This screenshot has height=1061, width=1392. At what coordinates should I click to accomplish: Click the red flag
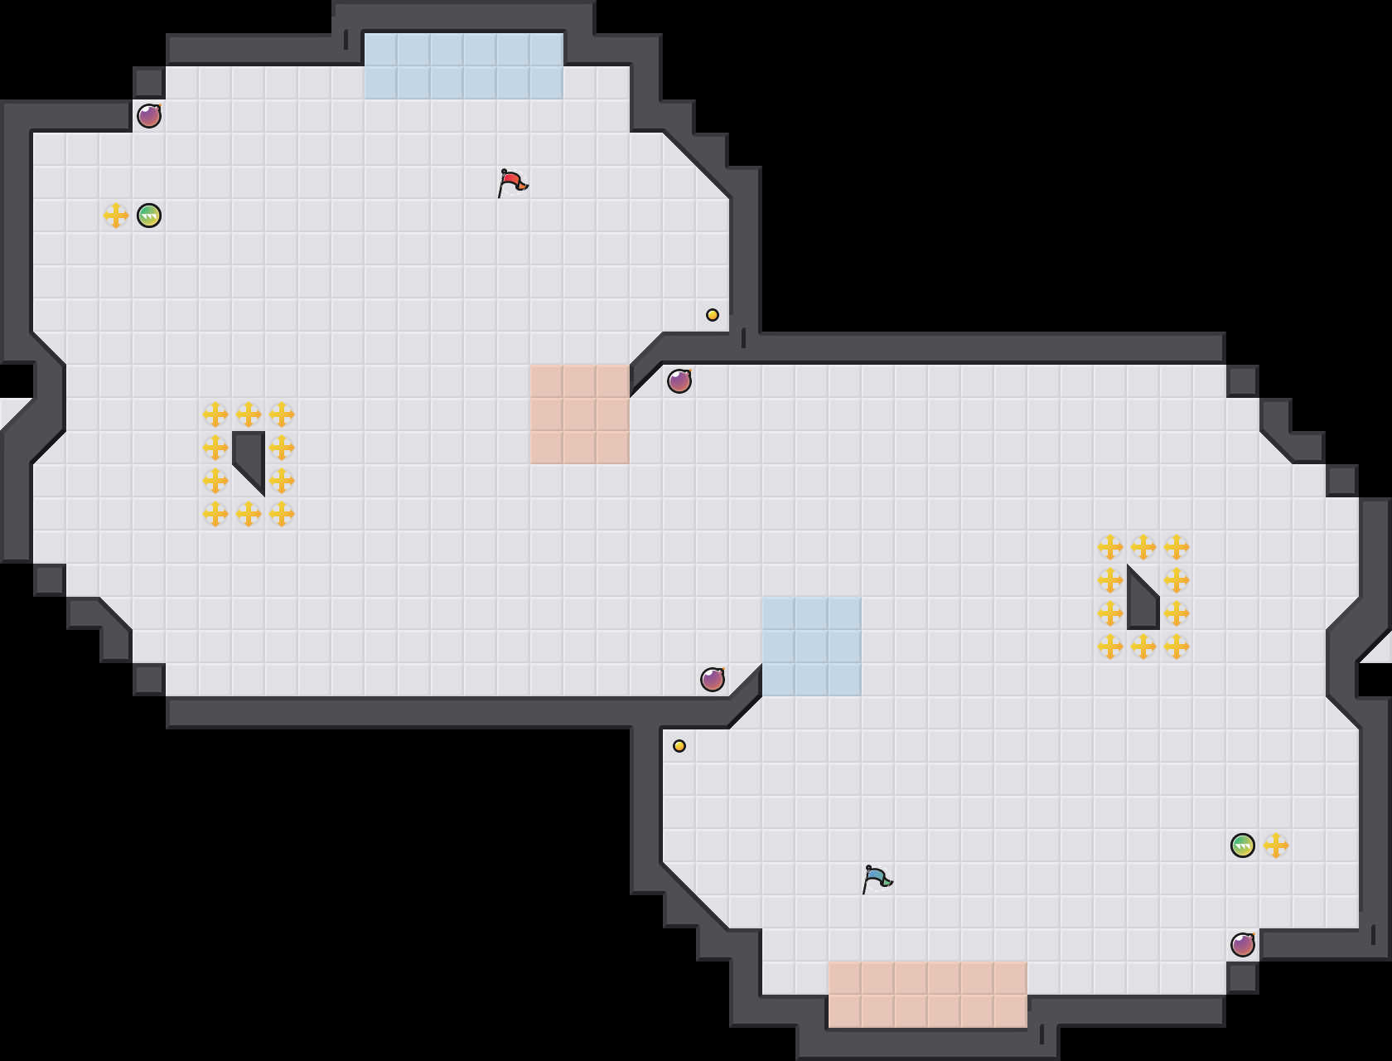(512, 182)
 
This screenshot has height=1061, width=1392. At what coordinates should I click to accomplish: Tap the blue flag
(877, 879)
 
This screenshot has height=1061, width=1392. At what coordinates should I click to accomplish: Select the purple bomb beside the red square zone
(679, 381)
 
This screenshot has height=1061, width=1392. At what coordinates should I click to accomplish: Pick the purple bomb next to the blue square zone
(713, 680)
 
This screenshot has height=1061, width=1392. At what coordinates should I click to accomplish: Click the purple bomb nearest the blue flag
(1243, 945)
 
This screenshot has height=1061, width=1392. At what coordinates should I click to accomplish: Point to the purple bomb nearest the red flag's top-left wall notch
(149, 116)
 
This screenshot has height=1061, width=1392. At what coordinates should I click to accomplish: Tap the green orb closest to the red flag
(149, 216)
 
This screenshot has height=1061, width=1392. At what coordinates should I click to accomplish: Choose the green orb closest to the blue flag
(1243, 845)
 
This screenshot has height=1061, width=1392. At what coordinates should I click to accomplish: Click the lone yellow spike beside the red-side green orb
(116, 216)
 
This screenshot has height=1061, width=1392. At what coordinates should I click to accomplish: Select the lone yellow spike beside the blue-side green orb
(1276, 845)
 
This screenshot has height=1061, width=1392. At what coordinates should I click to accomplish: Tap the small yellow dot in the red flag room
(713, 315)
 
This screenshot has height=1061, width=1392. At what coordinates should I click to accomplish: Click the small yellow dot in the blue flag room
(679, 746)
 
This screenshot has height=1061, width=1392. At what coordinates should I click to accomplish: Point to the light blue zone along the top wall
(464, 66)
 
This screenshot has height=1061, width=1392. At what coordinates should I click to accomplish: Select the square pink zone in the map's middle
(580, 414)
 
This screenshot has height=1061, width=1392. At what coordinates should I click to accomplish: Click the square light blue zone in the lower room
(812, 647)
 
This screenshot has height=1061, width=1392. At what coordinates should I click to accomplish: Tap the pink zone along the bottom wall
(928, 995)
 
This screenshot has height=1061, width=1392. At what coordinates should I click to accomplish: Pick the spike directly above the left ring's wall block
(249, 414)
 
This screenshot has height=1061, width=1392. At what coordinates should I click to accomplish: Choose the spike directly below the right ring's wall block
(1143, 647)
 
